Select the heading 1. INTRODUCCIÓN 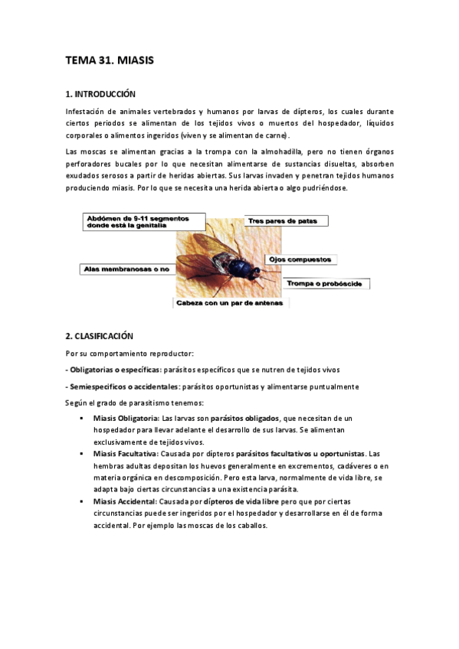pyautogui.click(x=100, y=95)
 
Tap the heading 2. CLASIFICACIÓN pyautogui.click(x=100, y=335)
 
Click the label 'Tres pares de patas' pyautogui.click(x=287, y=221)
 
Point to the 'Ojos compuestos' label pyautogui.click(x=297, y=260)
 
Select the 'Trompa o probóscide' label pyautogui.click(x=327, y=284)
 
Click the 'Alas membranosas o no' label pyautogui.click(x=126, y=269)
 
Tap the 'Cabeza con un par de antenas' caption pyautogui.click(x=230, y=303)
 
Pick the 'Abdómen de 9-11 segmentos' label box pyautogui.click(x=143, y=222)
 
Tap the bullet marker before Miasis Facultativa pyautogui.click(x=81, y=454)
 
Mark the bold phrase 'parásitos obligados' pyautogui.click(x=244, y=419)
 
